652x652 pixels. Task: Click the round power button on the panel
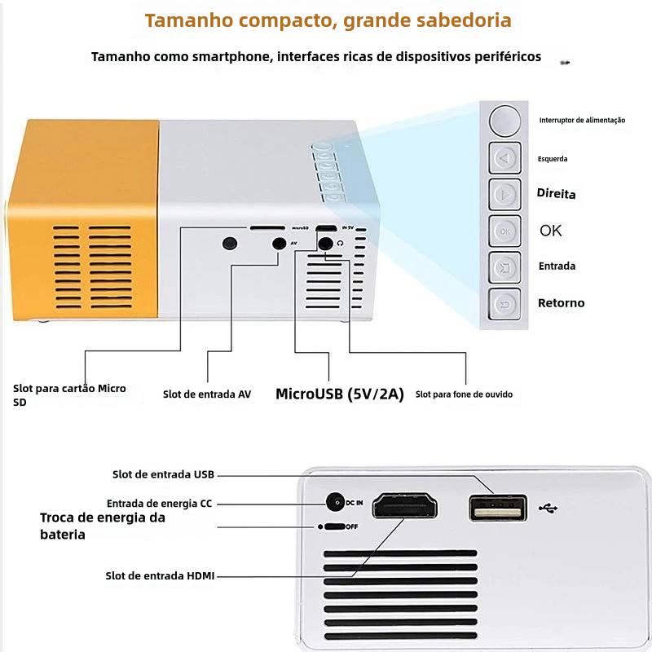point(504,120)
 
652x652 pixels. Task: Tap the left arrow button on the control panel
point(504,158)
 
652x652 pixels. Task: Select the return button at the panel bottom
point(504,304)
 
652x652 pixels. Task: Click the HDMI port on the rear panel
point(404,505)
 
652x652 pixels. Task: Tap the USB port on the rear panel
point(498,508)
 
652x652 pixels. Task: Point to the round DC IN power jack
point(335,502)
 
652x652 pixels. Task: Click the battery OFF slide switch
point(334,526)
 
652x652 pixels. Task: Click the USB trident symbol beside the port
point(548,508)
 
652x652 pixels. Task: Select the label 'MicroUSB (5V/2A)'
point(340,394)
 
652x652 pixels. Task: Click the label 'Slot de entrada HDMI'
point(160,576)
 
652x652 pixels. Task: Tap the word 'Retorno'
point(561,302)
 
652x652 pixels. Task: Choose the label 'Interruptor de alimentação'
point(582,120)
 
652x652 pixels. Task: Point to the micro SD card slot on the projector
point(267,228)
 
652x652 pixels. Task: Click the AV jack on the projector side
point(279,244)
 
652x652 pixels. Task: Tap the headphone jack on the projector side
point(325,244)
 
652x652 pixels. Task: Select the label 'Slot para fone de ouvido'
point(464,394)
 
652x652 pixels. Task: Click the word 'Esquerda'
point(553,159)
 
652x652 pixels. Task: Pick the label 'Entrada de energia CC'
point(159,504)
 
